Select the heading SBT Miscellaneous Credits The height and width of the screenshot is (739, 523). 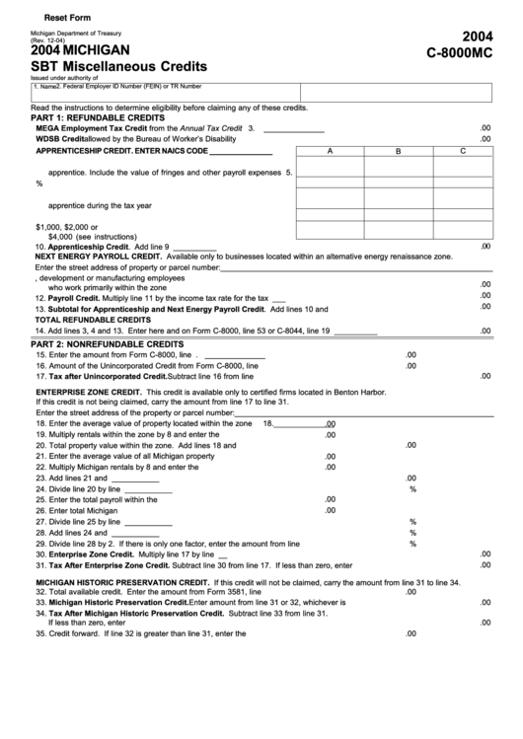[x=118, y=66]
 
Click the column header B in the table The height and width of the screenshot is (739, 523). [x=397, y=152]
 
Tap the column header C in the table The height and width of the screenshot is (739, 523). [x=461, y=152]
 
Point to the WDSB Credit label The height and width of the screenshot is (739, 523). [x=61, y=139]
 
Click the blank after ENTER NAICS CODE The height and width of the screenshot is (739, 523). [x=241, y=152]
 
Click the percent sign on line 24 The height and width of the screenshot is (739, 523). [x=412, y=488]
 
